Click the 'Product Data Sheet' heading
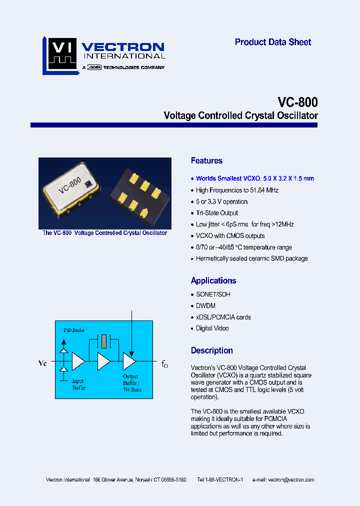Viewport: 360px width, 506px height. [x=273, y=42]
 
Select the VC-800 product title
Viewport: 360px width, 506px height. [x=297, y=102]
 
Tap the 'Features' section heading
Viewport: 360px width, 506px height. [x=206, y=161]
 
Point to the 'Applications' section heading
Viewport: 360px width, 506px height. [x=213, y=281]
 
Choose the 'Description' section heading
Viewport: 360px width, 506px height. [x=212, y=351]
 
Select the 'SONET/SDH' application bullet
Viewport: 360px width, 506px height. [x=213, y=294]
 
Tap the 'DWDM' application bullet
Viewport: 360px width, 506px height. [x=205, y=306]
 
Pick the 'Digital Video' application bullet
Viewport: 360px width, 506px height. [x=212, y=328]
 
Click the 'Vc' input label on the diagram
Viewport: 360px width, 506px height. [x=42, y=363]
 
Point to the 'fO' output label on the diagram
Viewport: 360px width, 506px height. [x=164, y=364]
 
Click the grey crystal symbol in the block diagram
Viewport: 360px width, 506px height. [x=103, y=341]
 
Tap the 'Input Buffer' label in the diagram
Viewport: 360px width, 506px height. [x=78, y=384]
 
